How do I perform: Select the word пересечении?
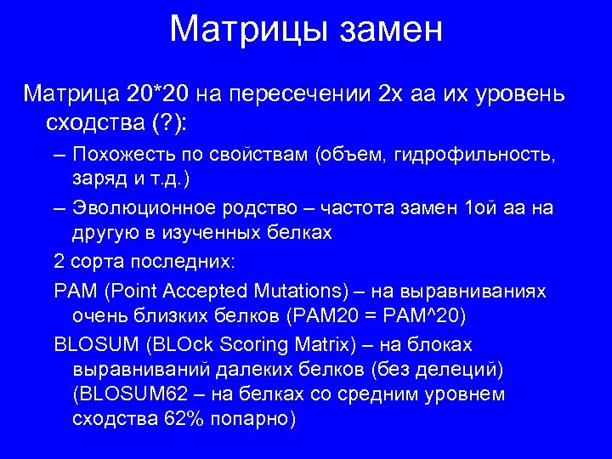coord(300,91)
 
